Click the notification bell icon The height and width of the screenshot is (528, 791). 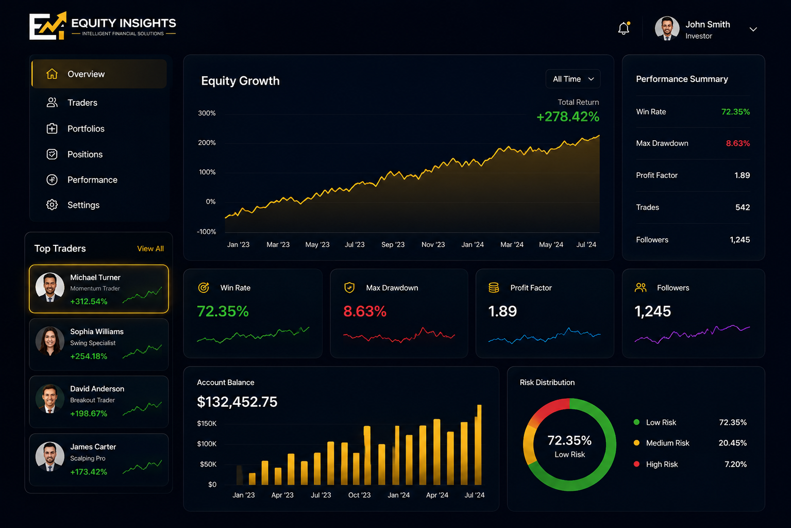[624, 28]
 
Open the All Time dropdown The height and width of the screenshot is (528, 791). [573, 79]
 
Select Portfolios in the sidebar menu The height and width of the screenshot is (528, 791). [86, 128]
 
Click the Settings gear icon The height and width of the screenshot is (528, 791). [52, 205]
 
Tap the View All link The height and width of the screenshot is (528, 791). [150, 249]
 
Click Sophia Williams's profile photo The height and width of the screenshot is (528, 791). [50, 341]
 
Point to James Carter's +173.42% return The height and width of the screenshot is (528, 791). [89, 472]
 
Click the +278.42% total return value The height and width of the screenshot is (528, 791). [568, 117]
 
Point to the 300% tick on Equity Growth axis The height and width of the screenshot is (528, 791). [207, 113]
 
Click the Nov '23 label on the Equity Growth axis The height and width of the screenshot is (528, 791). [433, 244]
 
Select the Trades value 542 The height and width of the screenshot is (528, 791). [743, 207]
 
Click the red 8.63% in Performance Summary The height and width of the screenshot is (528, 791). [738, 143]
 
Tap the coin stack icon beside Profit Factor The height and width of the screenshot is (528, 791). [494, 288]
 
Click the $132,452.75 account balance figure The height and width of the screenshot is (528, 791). [237, 402]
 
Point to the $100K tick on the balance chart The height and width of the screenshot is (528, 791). [207, 444]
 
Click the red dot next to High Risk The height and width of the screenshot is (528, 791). [636, 464]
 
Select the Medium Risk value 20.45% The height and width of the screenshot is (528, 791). [733, 443]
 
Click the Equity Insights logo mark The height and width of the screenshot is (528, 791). [48, 26]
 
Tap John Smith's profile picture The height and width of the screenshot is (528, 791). [667, 28]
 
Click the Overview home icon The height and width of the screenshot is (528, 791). [52, 74]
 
